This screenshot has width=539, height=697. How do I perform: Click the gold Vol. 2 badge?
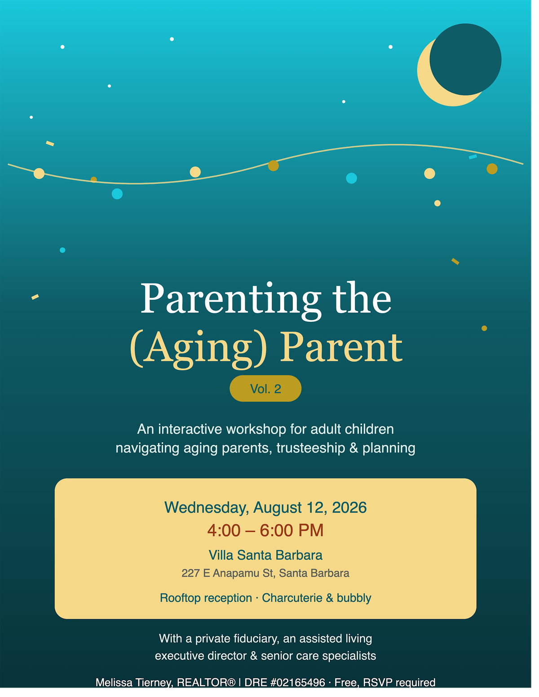pyautogui.click(x=265, y=388)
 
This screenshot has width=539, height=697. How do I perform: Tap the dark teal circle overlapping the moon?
pyautogui.click(x=465, y=59)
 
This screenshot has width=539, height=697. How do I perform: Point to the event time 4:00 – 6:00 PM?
pyautogui.click(x=265, y=531)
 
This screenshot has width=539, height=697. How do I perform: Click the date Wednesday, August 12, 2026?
pyautogui.click(x=265, y=507)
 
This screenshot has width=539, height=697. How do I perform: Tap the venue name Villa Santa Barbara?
pyautogui.click(x=265, y=555)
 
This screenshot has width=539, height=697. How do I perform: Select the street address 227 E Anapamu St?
pyautogui.click(x=228, y=573)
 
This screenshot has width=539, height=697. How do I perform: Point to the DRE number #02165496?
pyautogui.click(x=298, y=682)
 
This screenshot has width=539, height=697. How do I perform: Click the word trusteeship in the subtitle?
pyautogui.click(x=310, y=448)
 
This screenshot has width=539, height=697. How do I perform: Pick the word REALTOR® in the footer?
pyautogui.click(x=206, y=682)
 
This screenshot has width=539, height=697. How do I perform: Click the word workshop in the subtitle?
pyautogui.click(x=256, y=430)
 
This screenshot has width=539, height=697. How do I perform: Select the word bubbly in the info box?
pyautogui.click(x=354, y=598)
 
